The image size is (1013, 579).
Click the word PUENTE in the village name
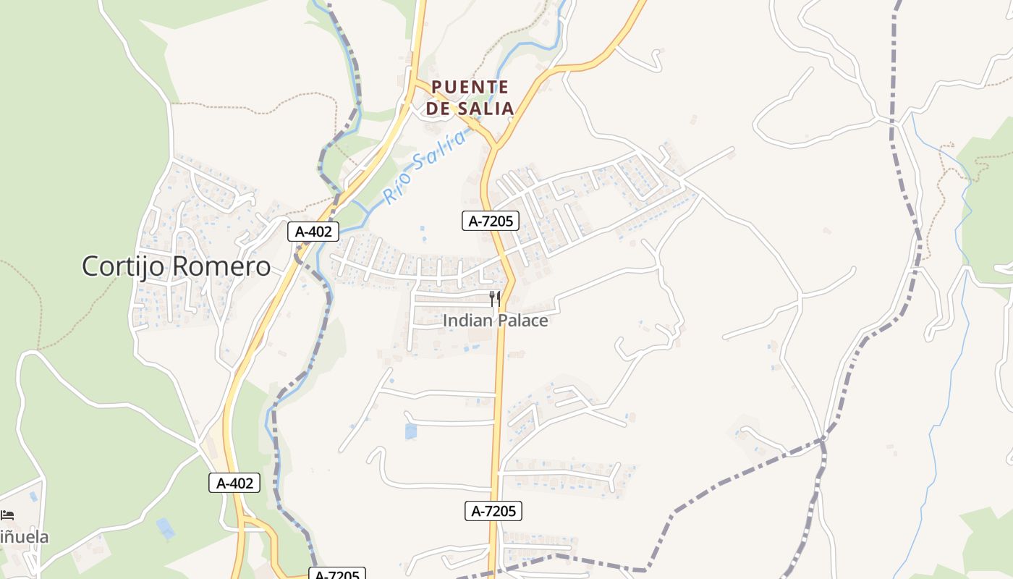(x=470, y=87)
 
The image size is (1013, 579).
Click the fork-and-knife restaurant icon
(x=495, y=297)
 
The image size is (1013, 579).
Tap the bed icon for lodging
(x=7, y=515)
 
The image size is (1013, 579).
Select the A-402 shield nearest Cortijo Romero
(x=313, y=232)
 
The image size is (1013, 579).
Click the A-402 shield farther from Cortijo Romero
(x=234, y=483)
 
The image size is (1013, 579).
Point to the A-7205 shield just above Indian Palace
(x=491, y=221)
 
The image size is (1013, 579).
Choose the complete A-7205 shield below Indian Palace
(x=493, y=511)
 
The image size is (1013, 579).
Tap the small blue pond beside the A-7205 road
(x=411, y=431)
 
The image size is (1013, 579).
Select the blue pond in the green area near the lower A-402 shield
(x=166, y=528)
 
